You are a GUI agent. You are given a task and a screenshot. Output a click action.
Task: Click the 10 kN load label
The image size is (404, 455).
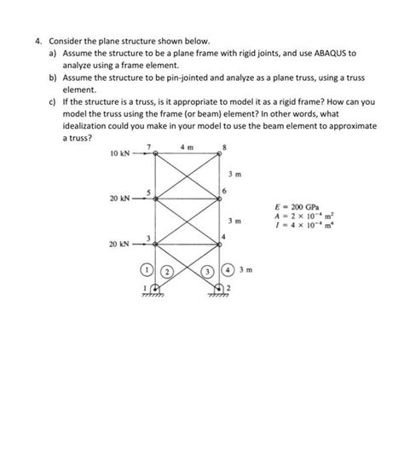pos(119,156)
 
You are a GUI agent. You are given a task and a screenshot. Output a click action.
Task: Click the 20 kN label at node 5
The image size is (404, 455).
pos(119,199)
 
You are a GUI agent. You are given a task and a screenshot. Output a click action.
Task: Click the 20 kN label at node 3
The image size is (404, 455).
pos(119,244)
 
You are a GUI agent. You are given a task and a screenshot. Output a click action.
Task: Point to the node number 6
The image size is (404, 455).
pos(225,190)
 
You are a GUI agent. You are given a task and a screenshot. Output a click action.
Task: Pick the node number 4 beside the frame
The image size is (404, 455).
pos(224,233)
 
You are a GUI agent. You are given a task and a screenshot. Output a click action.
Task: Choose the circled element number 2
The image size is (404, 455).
pos(168,273)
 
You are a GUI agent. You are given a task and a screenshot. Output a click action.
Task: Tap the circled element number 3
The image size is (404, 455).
pos(207,273)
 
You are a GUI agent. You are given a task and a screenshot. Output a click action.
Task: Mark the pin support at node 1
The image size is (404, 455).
pos(154,291)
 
